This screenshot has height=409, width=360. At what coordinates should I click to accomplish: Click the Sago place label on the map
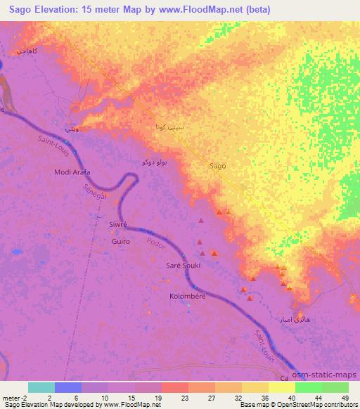(x=218, y=166)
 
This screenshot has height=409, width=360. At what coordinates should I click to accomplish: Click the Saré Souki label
(x=183, y=266)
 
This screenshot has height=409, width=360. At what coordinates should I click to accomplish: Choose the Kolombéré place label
(x=186, y=297)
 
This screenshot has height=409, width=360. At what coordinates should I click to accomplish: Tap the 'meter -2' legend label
(x=15, y=397)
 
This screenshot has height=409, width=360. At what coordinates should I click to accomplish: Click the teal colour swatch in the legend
(x=41, y=387)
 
